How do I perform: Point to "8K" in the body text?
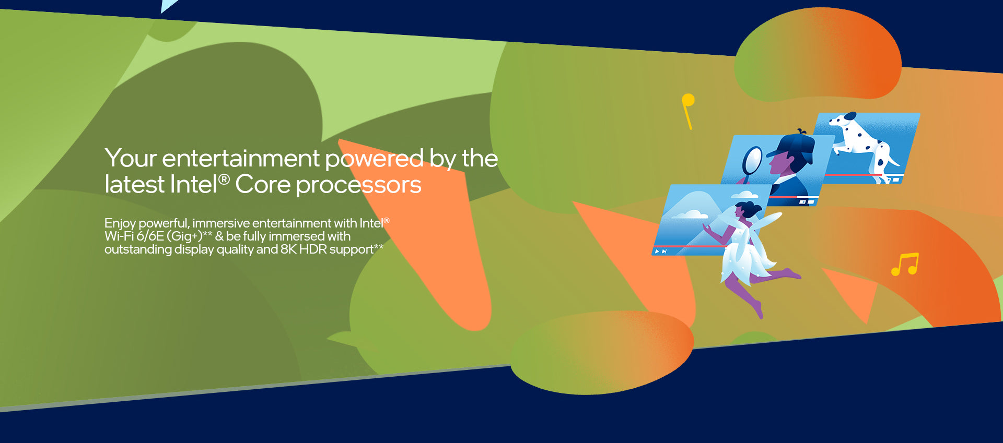tap(288, 249)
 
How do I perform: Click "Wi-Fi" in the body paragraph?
tap(119, 236)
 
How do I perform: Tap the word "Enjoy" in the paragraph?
tap(120, 224)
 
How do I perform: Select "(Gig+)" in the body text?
tap(184, 236)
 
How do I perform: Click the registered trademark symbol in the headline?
tap(224, 179)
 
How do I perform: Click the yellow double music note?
tap(905, 264)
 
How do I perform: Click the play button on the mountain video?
tap(657, 252)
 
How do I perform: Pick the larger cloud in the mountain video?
tap(689, 214)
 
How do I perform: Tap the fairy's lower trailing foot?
tap(760, 310)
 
